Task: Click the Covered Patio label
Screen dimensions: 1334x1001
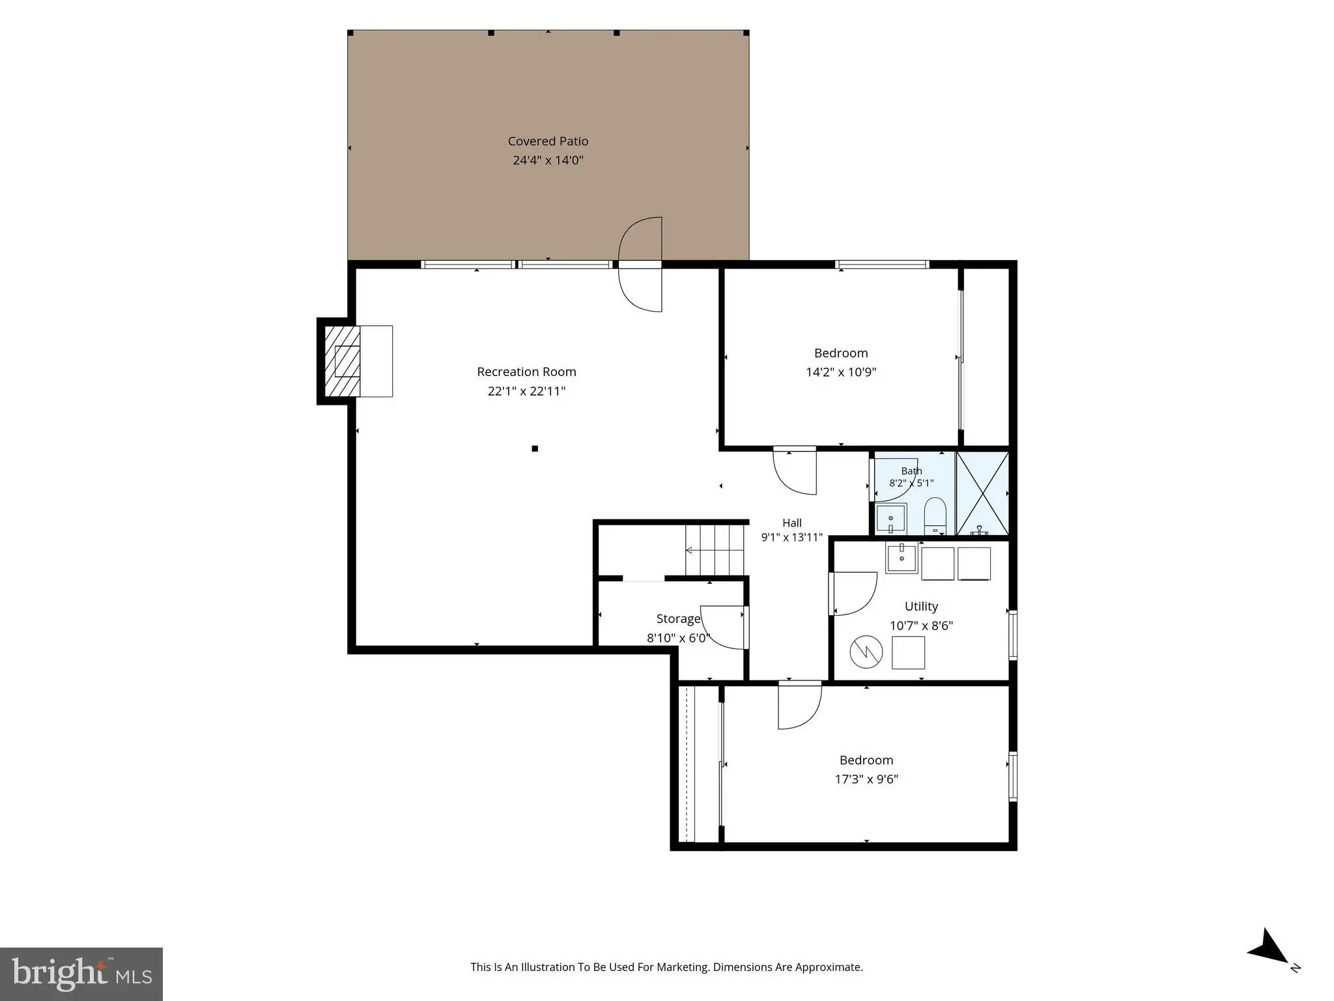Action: coord(548,141)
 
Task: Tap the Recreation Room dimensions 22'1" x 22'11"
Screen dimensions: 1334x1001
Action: coord(526,391)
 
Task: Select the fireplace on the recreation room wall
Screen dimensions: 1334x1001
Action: coord(355,361)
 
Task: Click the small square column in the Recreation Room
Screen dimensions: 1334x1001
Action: coord(535,448)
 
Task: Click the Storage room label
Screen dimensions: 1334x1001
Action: coord(678,618)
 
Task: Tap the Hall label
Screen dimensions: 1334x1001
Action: coord(792,523)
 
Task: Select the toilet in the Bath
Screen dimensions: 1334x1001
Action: coord(935,515)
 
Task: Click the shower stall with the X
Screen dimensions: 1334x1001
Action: coord(982,493)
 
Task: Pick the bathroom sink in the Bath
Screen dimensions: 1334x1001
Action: coord(890,519)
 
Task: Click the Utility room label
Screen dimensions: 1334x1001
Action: coord(921,606)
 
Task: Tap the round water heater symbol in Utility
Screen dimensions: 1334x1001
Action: coord(866,651)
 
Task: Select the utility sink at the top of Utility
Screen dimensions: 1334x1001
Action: coord(901,559)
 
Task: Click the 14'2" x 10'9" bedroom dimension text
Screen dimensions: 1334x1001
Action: coord(841,372)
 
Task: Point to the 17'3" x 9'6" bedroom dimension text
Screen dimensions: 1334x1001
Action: coord(866,779)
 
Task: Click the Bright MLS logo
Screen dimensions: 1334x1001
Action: coord(81,974)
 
